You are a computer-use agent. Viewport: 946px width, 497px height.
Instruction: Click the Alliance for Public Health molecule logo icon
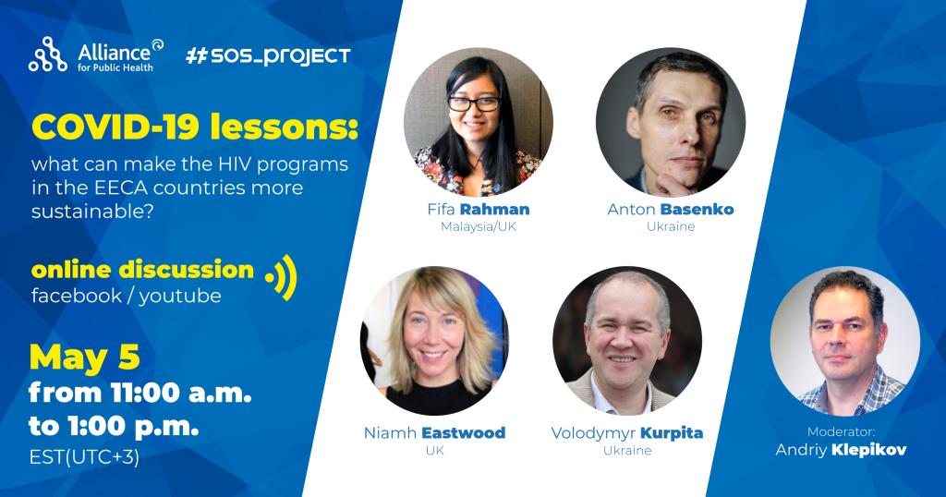coord(48,55)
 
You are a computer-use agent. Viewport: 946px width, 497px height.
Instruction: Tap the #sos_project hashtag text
coord(268,56)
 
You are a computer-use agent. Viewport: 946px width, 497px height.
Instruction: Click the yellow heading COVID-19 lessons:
coord(195,127)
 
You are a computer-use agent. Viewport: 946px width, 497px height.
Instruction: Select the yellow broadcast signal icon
coord(281,277)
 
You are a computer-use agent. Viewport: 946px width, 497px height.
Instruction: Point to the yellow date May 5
coord(84,358)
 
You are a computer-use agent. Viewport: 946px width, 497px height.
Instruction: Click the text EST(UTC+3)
coord(84,457)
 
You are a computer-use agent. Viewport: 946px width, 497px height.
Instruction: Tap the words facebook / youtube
coord(126,296)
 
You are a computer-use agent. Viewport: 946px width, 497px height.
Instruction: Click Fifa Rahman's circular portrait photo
coord(479,122)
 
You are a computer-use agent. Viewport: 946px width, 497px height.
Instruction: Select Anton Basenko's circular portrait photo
coord(671,122)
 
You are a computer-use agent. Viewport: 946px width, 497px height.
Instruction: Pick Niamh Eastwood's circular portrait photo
coord(435,341)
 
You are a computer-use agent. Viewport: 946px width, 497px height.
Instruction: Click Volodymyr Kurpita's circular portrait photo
coord(627,341)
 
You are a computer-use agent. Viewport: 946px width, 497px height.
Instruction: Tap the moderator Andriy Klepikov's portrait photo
coord(845,341)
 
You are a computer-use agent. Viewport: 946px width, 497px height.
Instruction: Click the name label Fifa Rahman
coord(479,210)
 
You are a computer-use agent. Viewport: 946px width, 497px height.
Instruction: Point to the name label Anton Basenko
coord(671,210)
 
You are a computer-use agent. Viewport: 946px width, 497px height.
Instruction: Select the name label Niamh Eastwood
coord(434,433)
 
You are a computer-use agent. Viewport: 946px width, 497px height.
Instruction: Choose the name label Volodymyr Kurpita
coord(627,433)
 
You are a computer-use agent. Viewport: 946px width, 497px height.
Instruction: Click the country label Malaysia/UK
coord(479,226)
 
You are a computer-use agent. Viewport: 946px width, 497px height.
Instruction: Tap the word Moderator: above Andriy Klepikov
coord(841,431)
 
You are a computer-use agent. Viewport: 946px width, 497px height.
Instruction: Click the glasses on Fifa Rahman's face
coord(474,103)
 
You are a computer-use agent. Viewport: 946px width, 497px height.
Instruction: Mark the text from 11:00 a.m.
coord(140,394)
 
